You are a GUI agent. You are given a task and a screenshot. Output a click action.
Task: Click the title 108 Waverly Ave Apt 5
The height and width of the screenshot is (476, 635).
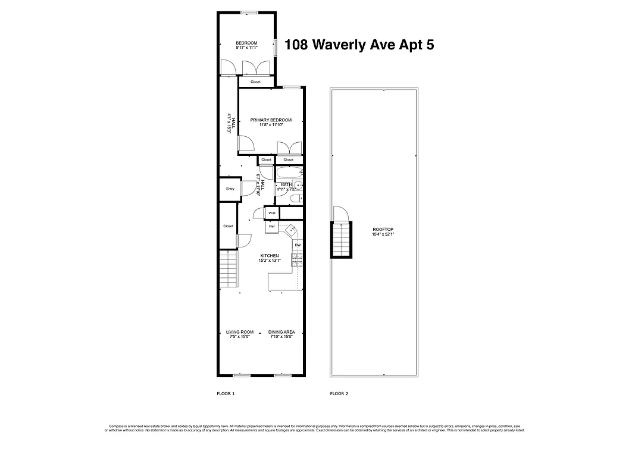359,45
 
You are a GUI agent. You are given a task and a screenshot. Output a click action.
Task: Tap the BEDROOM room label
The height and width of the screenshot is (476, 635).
246,43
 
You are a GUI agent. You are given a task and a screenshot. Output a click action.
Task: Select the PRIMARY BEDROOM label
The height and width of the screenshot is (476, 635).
271,120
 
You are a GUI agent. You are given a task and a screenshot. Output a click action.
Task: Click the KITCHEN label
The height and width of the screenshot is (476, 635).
269,256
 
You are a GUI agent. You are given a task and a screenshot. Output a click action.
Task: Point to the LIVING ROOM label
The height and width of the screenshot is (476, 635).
239,332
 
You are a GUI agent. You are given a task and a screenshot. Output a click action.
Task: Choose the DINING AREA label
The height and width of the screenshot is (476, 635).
281,332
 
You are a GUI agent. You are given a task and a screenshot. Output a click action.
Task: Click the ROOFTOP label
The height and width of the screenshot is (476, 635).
383,229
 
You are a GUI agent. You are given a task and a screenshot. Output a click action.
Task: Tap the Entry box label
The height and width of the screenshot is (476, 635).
230,189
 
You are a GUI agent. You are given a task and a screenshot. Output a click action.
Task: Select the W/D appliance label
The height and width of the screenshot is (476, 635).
271,213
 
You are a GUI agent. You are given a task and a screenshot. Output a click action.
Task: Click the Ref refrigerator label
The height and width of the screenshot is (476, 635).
271,226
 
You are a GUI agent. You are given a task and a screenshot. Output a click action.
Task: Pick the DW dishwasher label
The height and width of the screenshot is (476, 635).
298,245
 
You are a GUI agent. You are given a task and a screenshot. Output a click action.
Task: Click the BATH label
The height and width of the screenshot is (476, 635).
286,184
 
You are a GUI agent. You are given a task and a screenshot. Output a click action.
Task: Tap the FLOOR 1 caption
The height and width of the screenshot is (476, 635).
226,394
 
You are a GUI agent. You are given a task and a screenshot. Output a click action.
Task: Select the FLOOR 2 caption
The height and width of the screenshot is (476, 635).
339,394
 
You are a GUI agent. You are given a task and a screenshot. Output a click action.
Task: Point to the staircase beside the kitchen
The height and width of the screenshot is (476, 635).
228,269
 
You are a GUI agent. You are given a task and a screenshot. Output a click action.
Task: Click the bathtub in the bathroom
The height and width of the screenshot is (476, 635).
289,173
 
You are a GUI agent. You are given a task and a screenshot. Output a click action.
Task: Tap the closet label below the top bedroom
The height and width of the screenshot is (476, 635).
255,82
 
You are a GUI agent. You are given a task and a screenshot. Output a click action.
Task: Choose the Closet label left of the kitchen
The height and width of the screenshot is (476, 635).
228,226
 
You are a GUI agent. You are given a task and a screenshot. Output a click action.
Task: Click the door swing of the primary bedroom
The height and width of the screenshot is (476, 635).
245,143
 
